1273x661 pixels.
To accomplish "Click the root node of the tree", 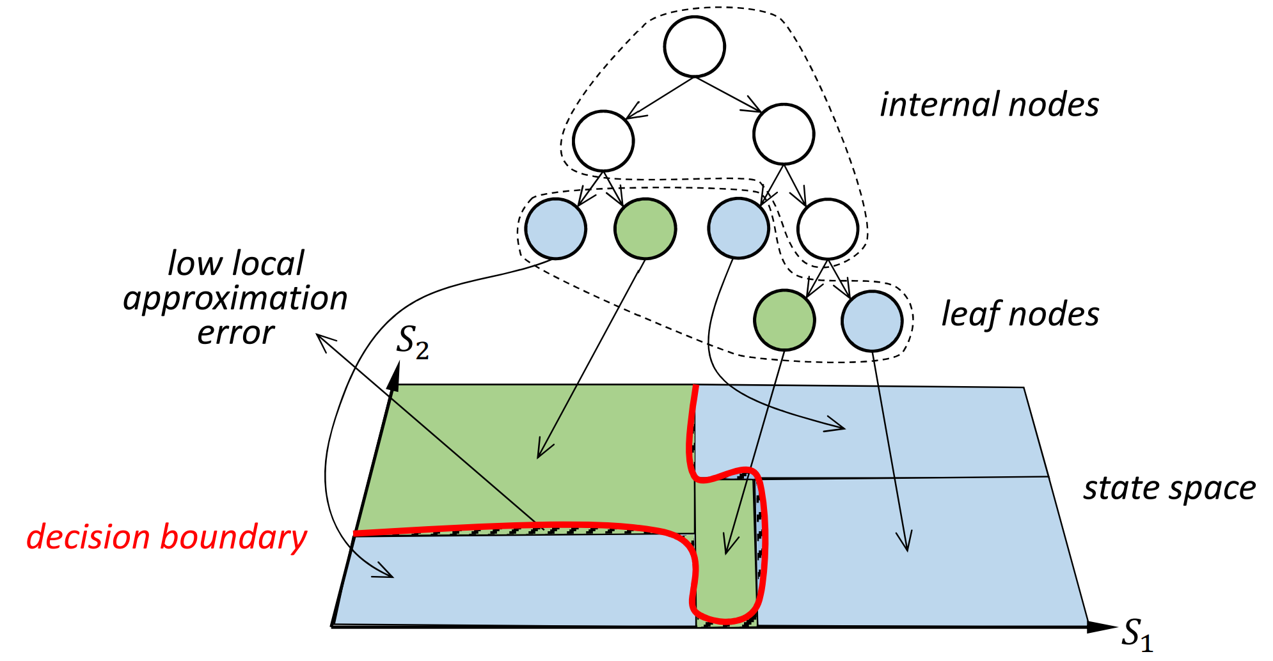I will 694,47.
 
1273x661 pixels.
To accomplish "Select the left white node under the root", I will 603,141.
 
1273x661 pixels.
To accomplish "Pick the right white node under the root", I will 783,134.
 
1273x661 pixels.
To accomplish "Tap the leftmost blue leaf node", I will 555,228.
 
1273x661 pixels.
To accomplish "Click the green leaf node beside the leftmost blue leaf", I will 645,228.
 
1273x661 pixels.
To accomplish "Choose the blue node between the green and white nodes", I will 738,228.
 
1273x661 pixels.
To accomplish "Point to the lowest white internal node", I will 828,229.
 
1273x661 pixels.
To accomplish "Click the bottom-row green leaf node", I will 784,320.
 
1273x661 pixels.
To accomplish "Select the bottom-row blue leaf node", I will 872,321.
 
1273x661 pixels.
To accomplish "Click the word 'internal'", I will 937,105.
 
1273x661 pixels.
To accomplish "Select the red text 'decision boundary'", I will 166,537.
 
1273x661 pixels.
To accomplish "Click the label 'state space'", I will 1169,488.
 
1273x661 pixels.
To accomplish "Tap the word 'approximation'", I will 235,299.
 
